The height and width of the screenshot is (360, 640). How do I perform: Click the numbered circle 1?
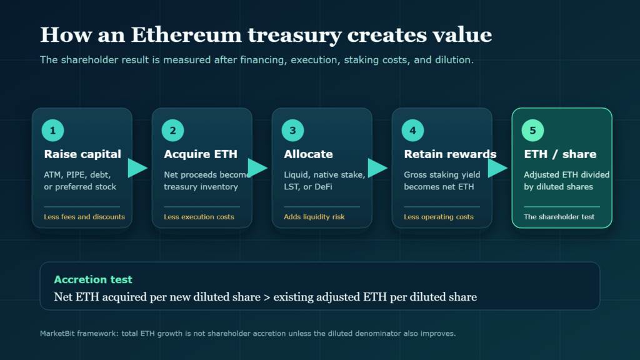click(52, 130)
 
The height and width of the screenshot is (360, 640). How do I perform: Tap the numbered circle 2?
click(172, 130)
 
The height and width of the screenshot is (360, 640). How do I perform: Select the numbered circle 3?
click(292, 130)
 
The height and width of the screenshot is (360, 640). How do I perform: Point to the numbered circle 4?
click(412, 130)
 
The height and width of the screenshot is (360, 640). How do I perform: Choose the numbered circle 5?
click(532, 130)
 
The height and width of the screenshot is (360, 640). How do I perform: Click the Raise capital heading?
click(82, 154)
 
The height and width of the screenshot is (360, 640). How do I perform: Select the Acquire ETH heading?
click(201, 154)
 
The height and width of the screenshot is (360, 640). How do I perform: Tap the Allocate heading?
click(308, 154)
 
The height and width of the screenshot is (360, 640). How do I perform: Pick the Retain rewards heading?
click(450, 154)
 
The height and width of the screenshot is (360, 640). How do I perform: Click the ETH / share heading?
click(560, 154)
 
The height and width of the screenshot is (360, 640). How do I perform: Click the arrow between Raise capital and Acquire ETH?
click(137, 167)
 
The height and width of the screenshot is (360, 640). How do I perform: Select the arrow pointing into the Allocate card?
click(257, 167)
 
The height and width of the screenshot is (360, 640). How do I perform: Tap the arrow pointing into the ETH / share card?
click(497, 167)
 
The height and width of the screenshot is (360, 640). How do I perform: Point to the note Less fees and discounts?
click(84, 217)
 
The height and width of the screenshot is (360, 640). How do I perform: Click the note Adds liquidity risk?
click(314, 217)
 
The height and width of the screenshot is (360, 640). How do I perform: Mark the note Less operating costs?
click(439, 217)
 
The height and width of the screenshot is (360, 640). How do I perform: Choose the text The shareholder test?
click(559, 217)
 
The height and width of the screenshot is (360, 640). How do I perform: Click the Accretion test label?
click(93, 279)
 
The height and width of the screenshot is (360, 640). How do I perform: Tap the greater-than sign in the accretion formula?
click(267, 297)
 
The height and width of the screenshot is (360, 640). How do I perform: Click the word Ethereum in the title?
click(186, 35)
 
